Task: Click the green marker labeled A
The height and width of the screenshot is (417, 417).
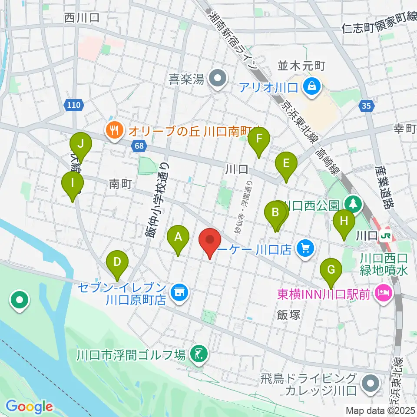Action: pyautogui.click(x=178, y=237)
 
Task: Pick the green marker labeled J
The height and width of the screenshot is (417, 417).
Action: pyautogui.click(x=80, y=143)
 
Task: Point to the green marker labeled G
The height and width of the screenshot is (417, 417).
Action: pyautogui.click(x=331, y=270)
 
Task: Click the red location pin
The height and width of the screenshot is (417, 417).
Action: pyautogui.click(x=210, y=240)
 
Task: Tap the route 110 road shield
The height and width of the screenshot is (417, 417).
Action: pyautogui.click(x=74, y=105)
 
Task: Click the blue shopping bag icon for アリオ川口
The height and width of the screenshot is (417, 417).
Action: pyautogui.click(x=311, y=86)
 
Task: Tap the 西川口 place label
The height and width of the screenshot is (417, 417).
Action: pyautogui.click(x=82, y=18)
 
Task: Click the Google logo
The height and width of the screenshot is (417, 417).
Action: pyautogui.click(x=30, y=407)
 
